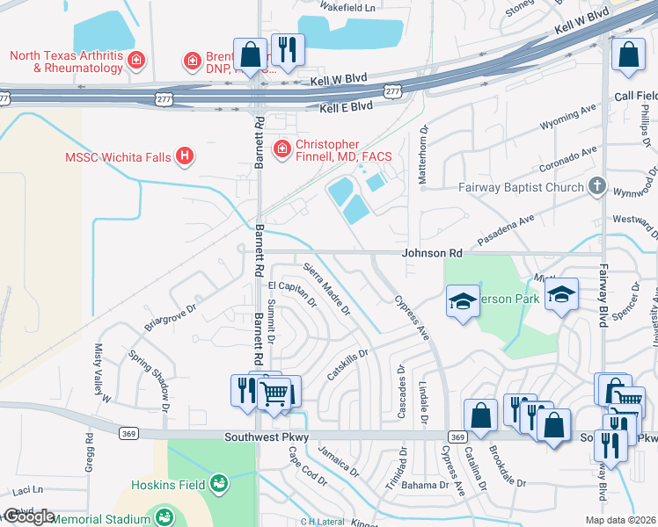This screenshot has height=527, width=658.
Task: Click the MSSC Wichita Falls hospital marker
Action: [x=184, y=157]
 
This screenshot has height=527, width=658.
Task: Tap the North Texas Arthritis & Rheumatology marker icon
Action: [x=136, y=60]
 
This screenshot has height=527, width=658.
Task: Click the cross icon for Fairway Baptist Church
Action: [x=597, y=186]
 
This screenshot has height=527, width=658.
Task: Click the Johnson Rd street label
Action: [x=432, y=253]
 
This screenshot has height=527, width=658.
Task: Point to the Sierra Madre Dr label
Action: [x=326, y=289]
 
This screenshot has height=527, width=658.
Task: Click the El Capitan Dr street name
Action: [x=292, y=293]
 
